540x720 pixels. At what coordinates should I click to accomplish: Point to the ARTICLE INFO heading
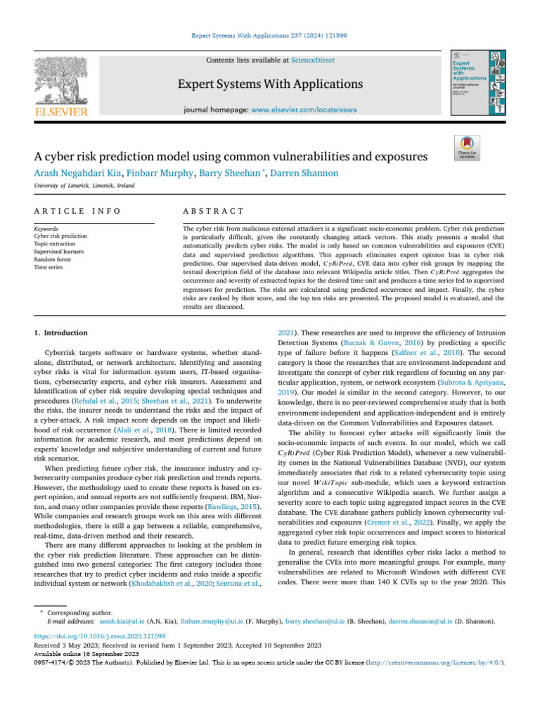(77, 211)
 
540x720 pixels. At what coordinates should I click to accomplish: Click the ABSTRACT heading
(213, 211)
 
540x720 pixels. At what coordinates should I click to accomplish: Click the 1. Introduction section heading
(62, 333)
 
